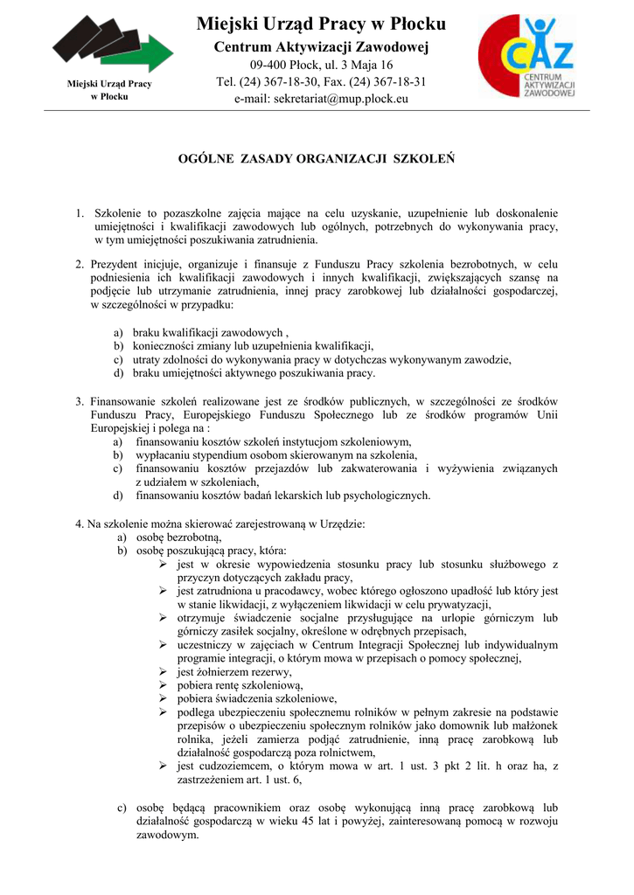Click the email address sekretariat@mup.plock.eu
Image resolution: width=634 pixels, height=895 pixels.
click(x=321, y=100)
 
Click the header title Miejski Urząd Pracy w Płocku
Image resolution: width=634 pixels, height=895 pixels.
click(x=321, y=24)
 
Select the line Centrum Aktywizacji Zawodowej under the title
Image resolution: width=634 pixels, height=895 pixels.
click(x=321, y=46)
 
